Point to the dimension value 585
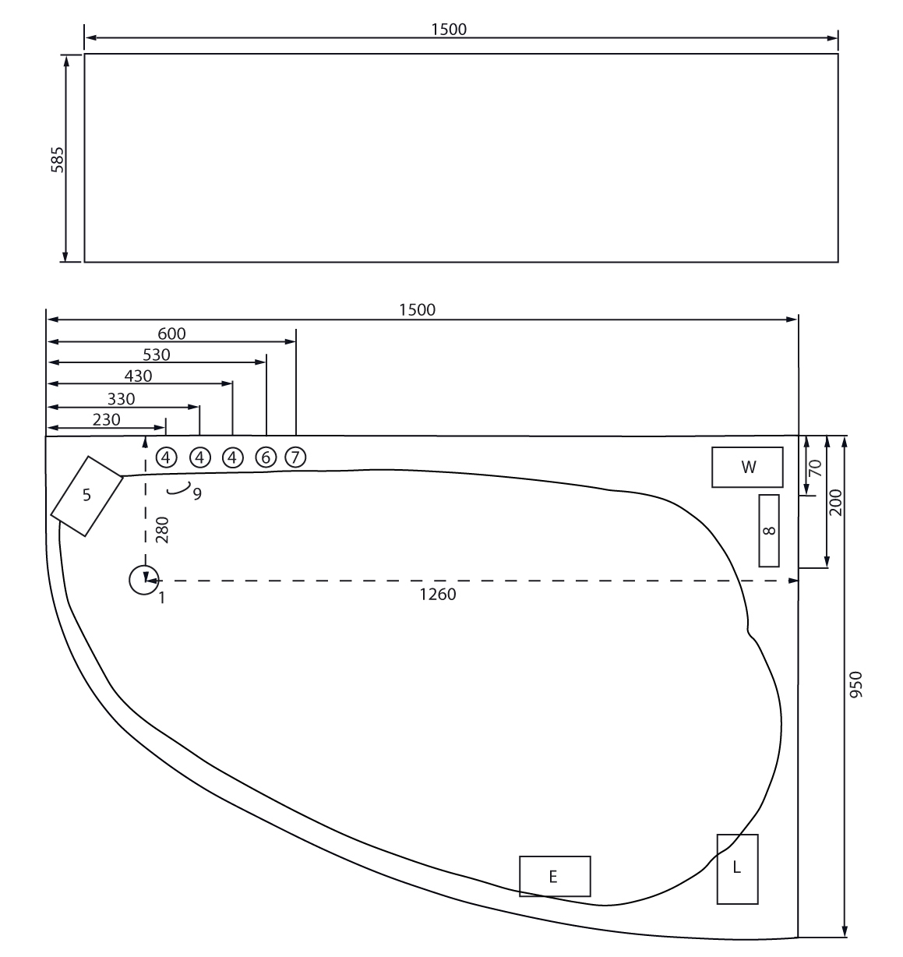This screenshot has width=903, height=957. coord(58,160)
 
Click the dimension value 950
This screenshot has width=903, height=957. coord(855,684)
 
